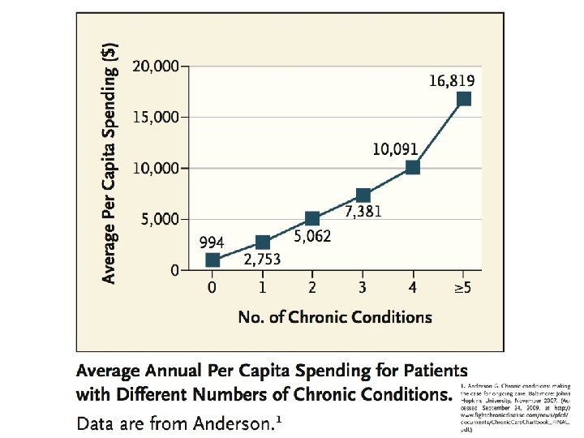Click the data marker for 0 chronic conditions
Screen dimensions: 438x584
pyautogui.click(x=213, y=260)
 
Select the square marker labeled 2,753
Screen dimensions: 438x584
pyautogui.click(x=263, y=243)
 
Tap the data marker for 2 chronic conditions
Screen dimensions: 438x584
pyautogui.click(x=312, y=218)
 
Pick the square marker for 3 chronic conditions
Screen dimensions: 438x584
pyautogui.click(x=363, y=195)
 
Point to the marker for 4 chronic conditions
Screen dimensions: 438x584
pyautogui.click(x=413, y=167)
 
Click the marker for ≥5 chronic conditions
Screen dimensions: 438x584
pyautogui.click(x=463, y=99)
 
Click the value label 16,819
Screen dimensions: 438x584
pyautogui.click(x=452, y=80)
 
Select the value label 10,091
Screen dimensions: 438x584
pyautogui.click(x=395, y=149)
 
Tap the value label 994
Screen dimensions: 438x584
pyautogui.click(x=213, y=243)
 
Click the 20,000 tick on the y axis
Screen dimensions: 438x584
pyautogui.click(x=156, y=66)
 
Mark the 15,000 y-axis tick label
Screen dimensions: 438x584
pyautogui.click(x=156, y=117)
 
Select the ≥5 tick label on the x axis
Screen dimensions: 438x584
pyautogui.click(x=462, y=287)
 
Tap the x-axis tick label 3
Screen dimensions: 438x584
pyautogui.click(x=363, y=287)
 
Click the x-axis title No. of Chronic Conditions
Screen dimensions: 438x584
pyautogui.click(x=335, y=317)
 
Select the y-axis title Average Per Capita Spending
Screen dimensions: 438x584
pyautogui.click(x=114, y=162)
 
